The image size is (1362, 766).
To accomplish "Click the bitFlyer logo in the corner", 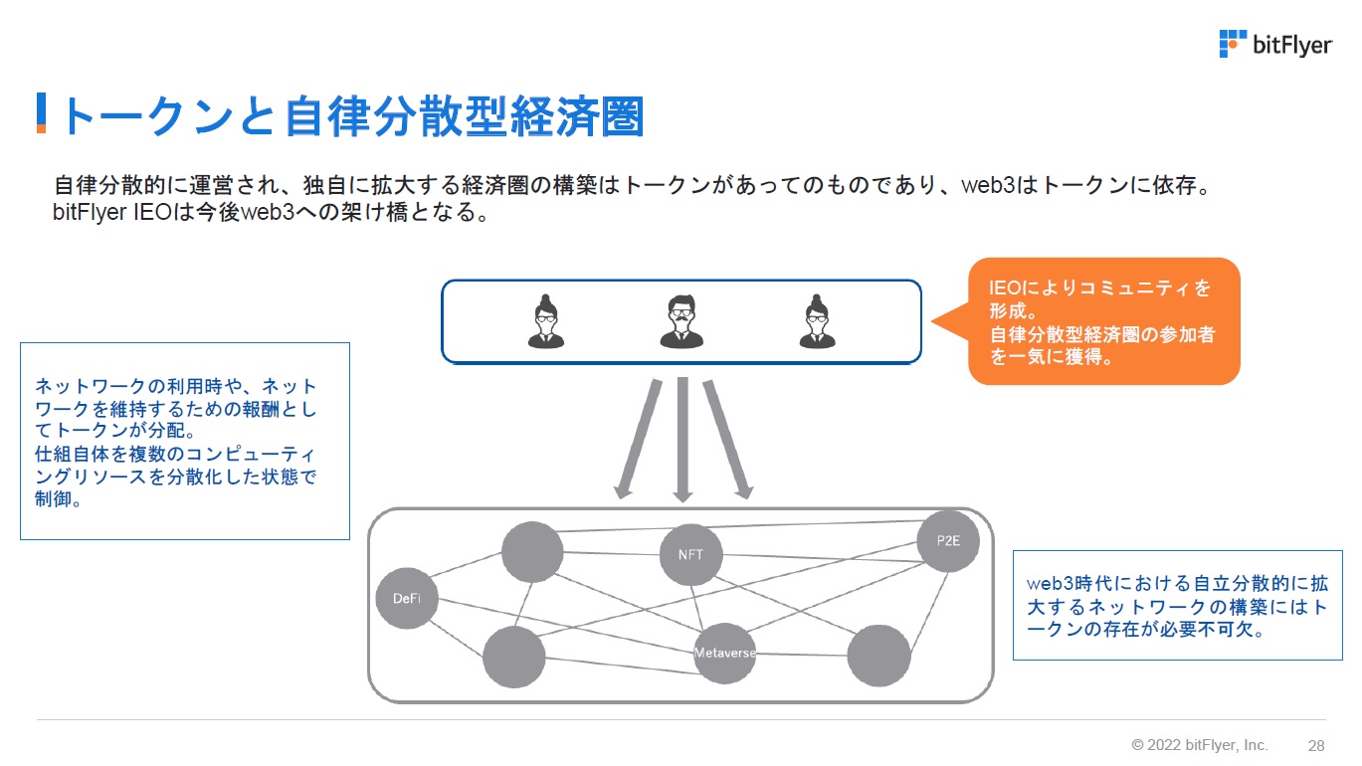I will [1274, 45].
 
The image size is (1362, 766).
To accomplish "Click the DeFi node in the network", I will [407, 598].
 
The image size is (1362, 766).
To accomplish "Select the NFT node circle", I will [690, 554].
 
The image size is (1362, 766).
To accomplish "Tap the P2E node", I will [948, 541].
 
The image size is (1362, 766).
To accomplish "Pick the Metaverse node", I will [725, 653].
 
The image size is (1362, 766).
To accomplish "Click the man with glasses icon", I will [681, 321].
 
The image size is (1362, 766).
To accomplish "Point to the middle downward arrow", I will [682, 438].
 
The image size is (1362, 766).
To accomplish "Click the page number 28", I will [1316, 745].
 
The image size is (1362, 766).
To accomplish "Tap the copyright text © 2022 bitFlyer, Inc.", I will [1200, 745].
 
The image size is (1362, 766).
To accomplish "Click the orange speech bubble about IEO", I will [1103, 321].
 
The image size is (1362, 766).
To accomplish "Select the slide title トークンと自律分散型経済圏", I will [353, 116].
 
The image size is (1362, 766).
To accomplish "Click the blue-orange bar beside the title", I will [42, 113].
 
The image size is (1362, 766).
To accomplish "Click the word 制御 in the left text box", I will [58, 499].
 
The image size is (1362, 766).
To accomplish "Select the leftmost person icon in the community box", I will [546, 321].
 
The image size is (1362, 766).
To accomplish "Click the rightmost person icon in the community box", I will [817, 321].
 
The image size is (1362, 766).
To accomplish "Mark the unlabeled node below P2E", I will [878, 656].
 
